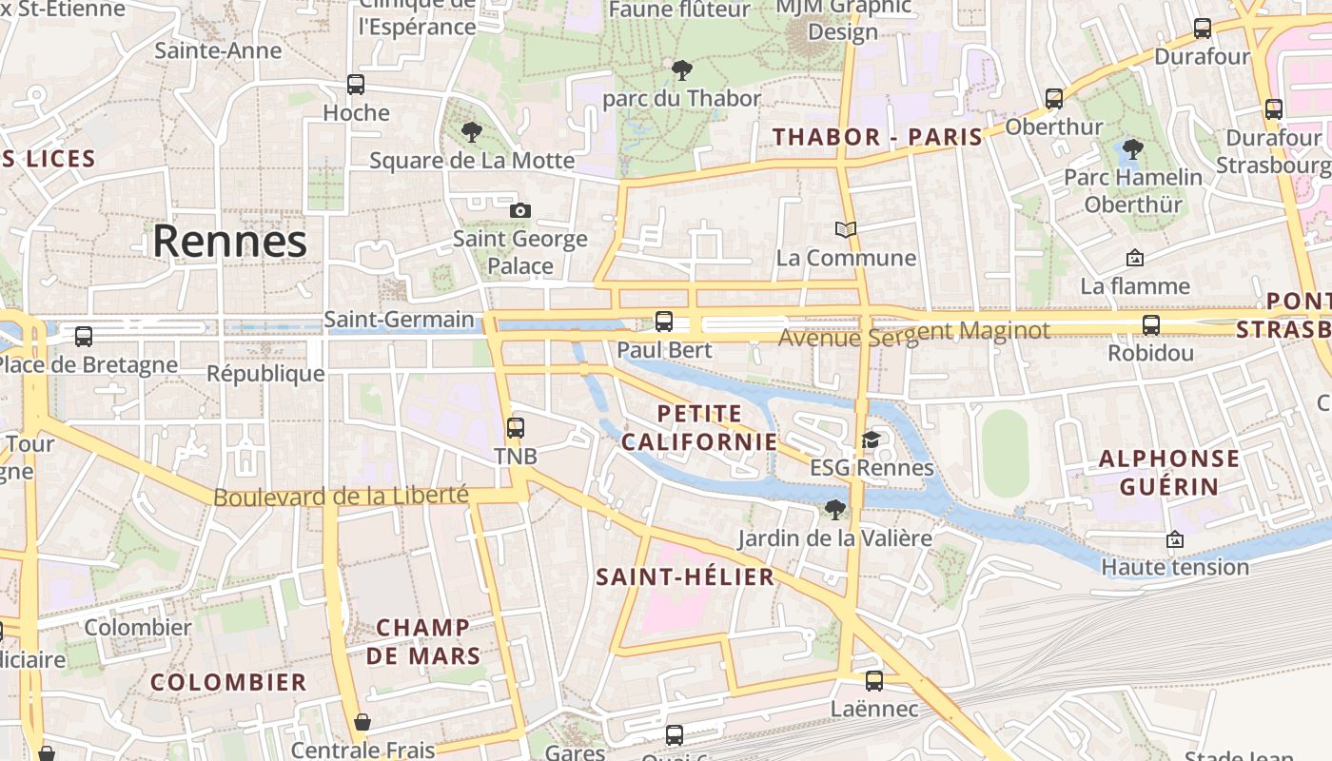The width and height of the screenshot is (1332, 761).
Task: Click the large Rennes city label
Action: click(230, 242)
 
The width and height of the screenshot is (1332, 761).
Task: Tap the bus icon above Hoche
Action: click(356, 85)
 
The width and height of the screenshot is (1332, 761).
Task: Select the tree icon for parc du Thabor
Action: click(681, 69)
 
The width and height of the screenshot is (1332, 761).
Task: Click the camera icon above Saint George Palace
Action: click(519, 210)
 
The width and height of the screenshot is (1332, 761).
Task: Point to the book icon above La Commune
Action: click(846, 229)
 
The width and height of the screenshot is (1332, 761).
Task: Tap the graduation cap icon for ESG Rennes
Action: click(871, 439)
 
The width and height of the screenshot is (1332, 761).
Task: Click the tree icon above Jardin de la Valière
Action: click(834, 510)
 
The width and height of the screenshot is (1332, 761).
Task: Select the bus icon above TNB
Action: click(516, 428)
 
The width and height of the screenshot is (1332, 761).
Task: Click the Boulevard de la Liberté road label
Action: click(341, 497)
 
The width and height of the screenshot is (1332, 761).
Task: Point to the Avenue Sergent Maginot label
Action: click(913, 333)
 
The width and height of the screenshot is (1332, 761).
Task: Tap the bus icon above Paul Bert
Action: click(664, 322)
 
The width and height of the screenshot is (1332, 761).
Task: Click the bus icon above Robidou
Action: click(1151, 325)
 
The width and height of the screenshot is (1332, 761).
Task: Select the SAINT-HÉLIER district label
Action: click(685, 577)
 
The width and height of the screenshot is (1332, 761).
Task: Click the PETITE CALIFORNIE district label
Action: click(699, 428)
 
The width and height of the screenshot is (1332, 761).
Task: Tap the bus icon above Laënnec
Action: click(874, 681)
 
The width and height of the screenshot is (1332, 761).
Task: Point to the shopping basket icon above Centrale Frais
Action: click(362, 723)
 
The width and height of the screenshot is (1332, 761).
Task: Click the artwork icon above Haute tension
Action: click(1175, 539)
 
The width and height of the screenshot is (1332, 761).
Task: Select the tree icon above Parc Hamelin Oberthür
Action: click(1132, 149)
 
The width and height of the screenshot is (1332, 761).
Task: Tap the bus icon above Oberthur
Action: click(1054, 99)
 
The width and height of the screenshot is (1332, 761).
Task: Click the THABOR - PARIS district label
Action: click(877, 137)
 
